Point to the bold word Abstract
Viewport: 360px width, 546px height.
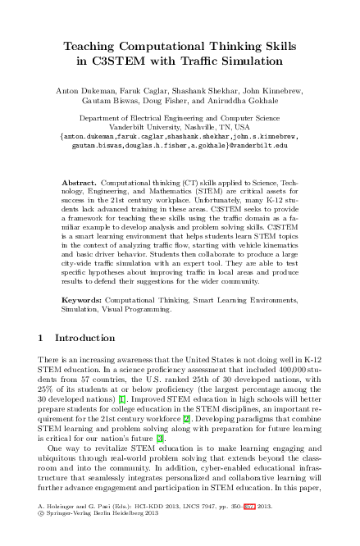[x=80, y=180]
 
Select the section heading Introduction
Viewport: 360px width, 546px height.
[x=85, y=338]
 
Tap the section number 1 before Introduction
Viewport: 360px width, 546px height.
[x=42, y=338]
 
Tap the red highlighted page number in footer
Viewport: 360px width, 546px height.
[x=249, y=527]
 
